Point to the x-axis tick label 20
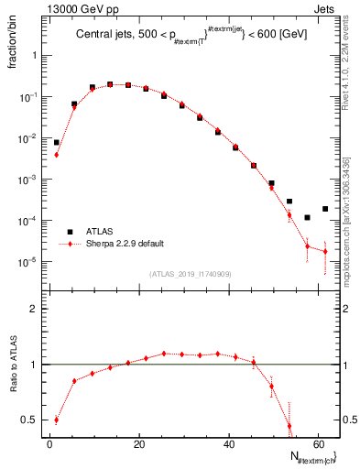(138, 442)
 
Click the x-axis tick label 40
(228, 442)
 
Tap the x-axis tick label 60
(317, 442)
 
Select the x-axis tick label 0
(49, 442)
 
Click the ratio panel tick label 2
(32, 310)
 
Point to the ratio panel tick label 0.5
(27, 420)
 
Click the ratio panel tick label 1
(32, 365)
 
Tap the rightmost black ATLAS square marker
(325, 209)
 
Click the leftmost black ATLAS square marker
(56, 142)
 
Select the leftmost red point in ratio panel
(56, 420)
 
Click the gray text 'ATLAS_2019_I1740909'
(190, 274)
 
